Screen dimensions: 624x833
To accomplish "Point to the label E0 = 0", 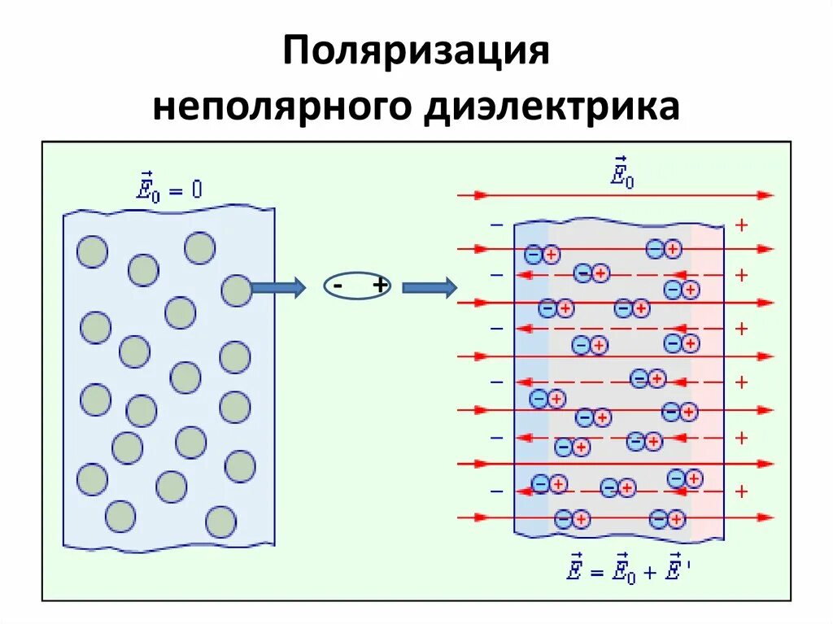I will pos(169,190).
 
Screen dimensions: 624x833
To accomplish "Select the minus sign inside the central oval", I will pos(337,286).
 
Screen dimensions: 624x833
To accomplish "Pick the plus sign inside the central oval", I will pos(379,286).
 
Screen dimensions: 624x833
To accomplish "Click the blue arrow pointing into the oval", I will pos(278,287).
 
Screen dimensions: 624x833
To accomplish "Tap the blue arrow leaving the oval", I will pos(429,287).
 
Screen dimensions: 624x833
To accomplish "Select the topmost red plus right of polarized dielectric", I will pos(741,225).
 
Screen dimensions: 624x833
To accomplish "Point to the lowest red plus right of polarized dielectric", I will pos(741,491).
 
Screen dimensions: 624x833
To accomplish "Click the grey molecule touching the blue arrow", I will pos(237,290).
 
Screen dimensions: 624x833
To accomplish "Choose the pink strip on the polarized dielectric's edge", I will pos(707,382).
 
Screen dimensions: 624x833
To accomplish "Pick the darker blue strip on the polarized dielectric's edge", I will pos(531,382).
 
